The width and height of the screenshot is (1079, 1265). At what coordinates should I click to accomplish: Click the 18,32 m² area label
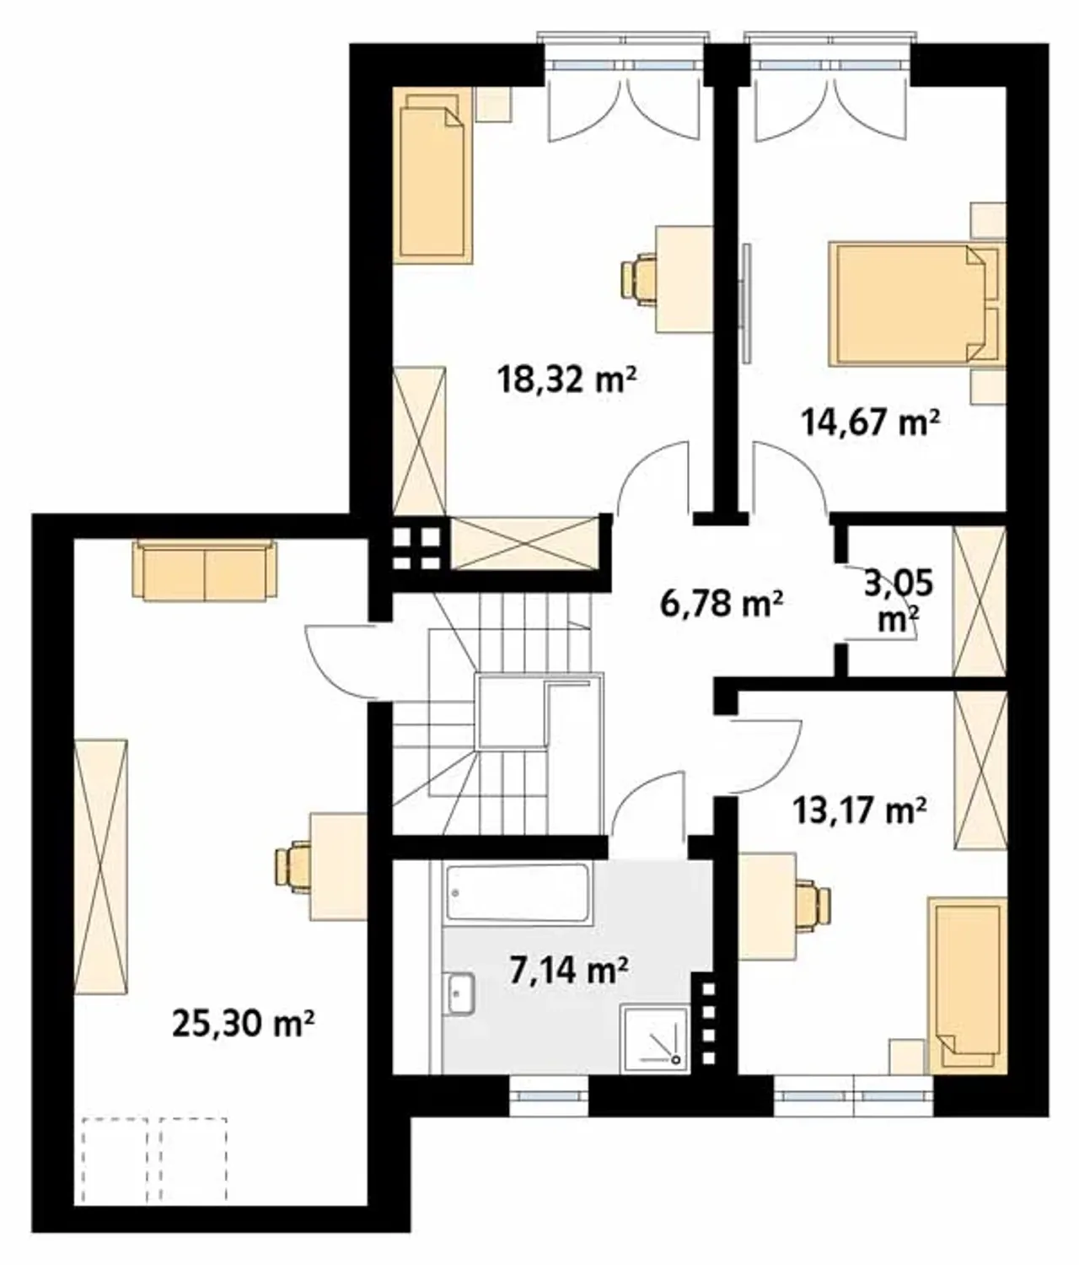click(567, 379)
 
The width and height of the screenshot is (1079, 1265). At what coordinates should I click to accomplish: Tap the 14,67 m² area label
click(871, 422)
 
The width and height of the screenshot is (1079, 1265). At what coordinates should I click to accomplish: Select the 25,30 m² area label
click(244, 1023)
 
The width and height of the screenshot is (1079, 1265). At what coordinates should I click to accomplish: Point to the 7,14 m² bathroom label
click(569, 970)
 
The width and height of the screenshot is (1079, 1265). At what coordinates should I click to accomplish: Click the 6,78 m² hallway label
click(722, 603)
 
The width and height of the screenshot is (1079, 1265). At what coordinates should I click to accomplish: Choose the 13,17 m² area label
click(859, 811)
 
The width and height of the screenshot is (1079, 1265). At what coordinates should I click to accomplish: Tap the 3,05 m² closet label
click(898, 601)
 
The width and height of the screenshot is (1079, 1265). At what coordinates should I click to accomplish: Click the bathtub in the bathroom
click(518, 893)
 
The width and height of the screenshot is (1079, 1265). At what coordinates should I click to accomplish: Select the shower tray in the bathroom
click(655, 1037)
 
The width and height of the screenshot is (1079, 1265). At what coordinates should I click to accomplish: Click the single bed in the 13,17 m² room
click(967, 986)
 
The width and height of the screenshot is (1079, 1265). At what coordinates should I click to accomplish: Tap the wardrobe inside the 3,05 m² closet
click(980, 601)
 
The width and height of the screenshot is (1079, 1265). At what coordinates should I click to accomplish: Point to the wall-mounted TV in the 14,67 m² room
click(745, 304)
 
